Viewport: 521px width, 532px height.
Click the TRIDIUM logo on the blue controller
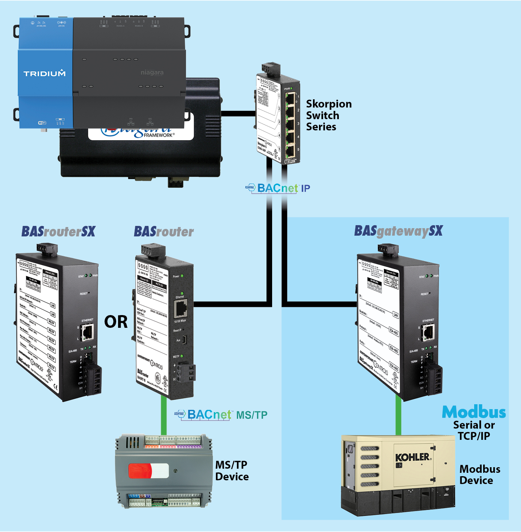pyautogui.click(x=44, y=73)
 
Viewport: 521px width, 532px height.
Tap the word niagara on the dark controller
pyautogui.click(x=152, y=72)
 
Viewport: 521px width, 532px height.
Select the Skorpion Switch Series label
pyautogui.click(x=328, y=115)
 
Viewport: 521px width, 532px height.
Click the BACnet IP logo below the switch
pyautogui.click(x=278, y=188)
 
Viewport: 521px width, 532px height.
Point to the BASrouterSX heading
pyautogui.click(x=58, y=232)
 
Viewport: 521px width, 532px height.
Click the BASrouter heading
pyautogui.click(x=163, y=232)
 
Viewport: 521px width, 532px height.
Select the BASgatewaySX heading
pyautogui.click(x=398, y=231)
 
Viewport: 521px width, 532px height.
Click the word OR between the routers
pyautogui.click(x=116, y=322)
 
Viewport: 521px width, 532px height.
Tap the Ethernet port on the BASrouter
pyautogui.click(x=180, y=309)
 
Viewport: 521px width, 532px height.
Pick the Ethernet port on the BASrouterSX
pyautogui.click(x=88, y=332)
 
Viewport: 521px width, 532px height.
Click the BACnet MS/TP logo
pyautogui.click(x=221, y=415)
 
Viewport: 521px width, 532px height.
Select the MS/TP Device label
pyautogui.click(x=232, y=471)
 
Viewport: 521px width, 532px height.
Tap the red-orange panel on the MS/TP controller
pyautogui.click(x=148, y=471)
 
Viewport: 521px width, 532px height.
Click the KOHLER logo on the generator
pyautogui.click(x=413, y=457)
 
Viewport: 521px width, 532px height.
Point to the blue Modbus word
pyautogui.click(x=474, y=412)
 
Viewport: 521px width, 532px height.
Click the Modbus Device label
pyautogui.click(x=479, y=475)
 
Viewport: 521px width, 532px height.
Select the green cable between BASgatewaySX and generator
pyautogui.click(x=398, y=416)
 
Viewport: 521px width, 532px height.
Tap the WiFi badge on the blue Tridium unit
pyautogui.click(x=42, y=123)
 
